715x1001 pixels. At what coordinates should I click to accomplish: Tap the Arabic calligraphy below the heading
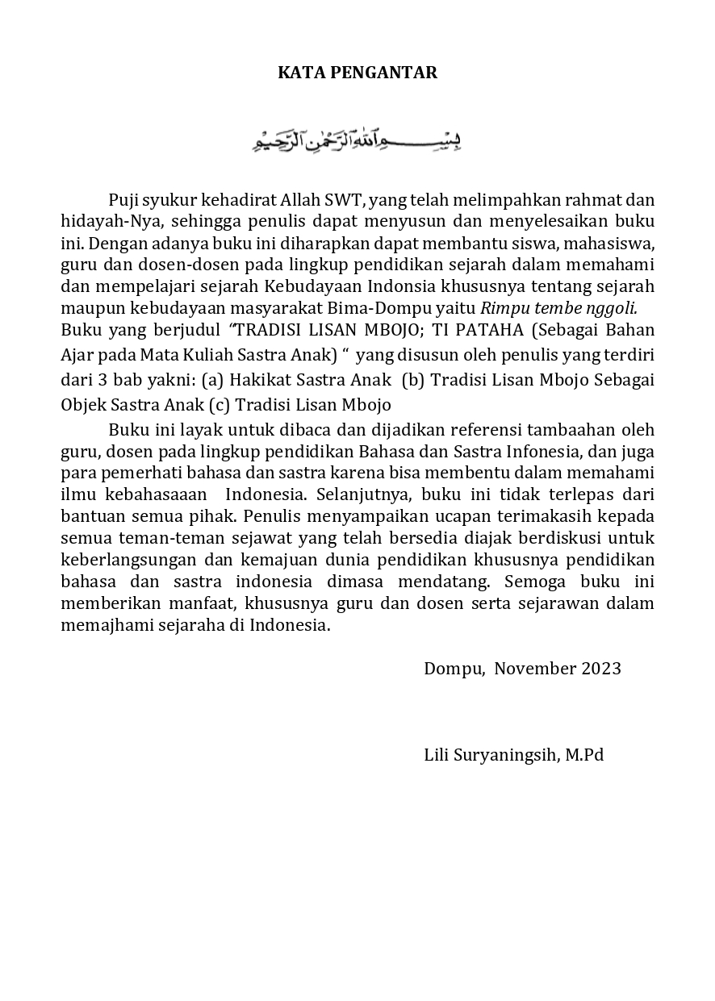click(x=357, y=142)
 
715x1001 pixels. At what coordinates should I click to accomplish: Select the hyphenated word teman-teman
click(x=148, y=538)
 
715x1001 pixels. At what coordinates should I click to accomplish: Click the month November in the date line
click(x=535, y=669)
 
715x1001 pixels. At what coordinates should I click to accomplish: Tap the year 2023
click(x=601, y=669)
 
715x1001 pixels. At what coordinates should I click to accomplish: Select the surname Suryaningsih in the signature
click(x=504, y=756)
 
